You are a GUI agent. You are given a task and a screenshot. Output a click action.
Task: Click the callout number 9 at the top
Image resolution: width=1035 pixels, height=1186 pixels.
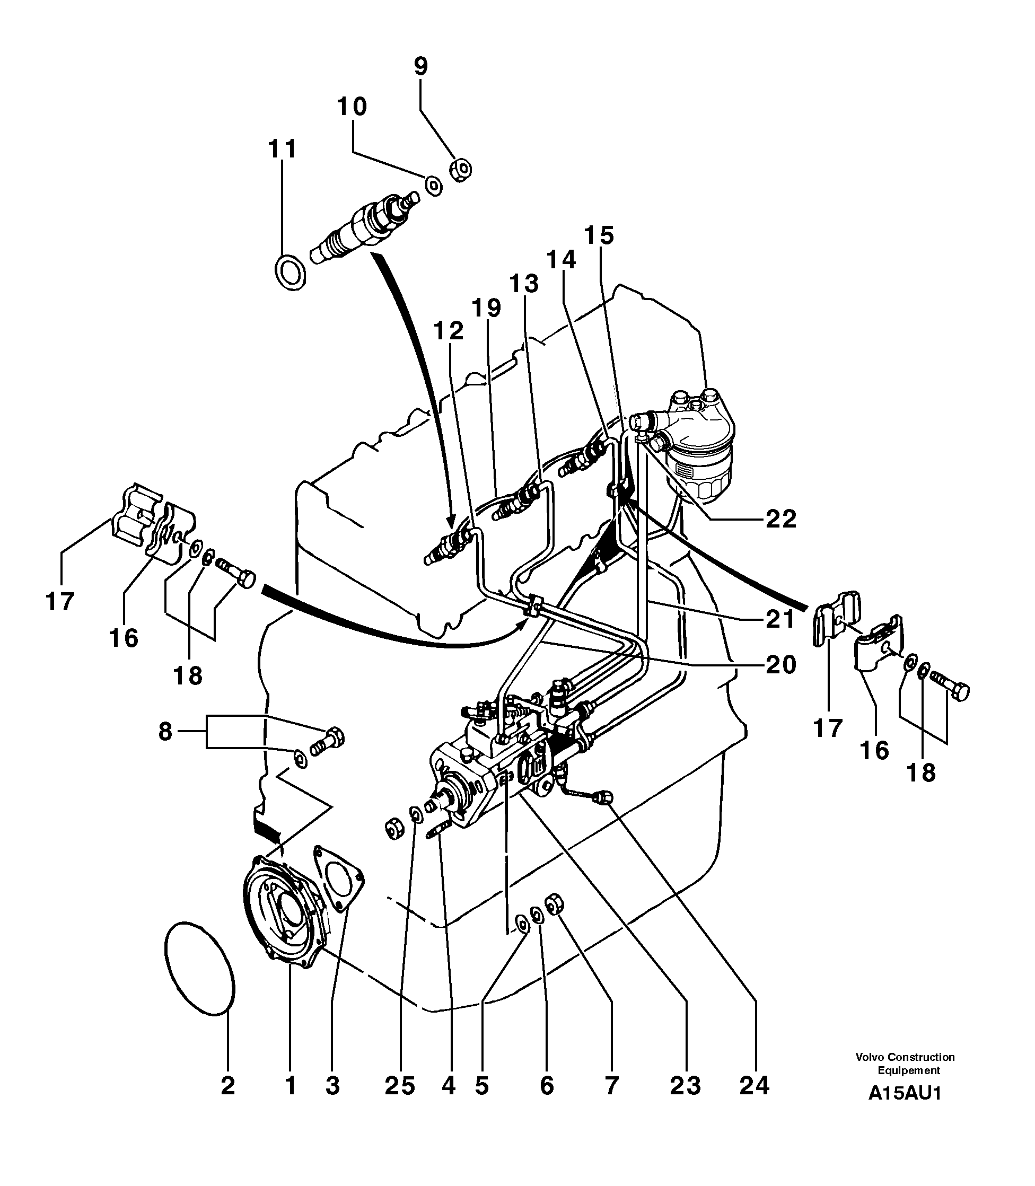[x=421, y=66]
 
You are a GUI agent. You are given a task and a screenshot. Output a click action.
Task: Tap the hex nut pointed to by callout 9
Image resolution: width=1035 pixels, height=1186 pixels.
[x=460, y=170]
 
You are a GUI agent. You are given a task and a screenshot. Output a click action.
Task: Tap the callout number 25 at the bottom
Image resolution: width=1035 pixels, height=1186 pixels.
[x=400, y=1086]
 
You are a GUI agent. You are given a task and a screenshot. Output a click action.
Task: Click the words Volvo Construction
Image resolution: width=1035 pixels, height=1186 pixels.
[x=905, y=1057]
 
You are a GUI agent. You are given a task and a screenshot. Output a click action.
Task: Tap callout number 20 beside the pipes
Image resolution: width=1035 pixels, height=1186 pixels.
[x=781, y=665]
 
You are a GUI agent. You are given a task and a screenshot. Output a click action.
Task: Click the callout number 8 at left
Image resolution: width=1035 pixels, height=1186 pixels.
[x=165, y=732]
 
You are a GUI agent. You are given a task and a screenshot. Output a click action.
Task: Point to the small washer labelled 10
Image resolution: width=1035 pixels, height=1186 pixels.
[x=434, y=186]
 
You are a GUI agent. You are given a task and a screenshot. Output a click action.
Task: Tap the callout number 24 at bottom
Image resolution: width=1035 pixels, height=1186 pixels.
[x=755, y=1086]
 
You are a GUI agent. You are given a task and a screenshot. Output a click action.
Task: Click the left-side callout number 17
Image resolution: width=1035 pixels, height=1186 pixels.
[x=60, y=602]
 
